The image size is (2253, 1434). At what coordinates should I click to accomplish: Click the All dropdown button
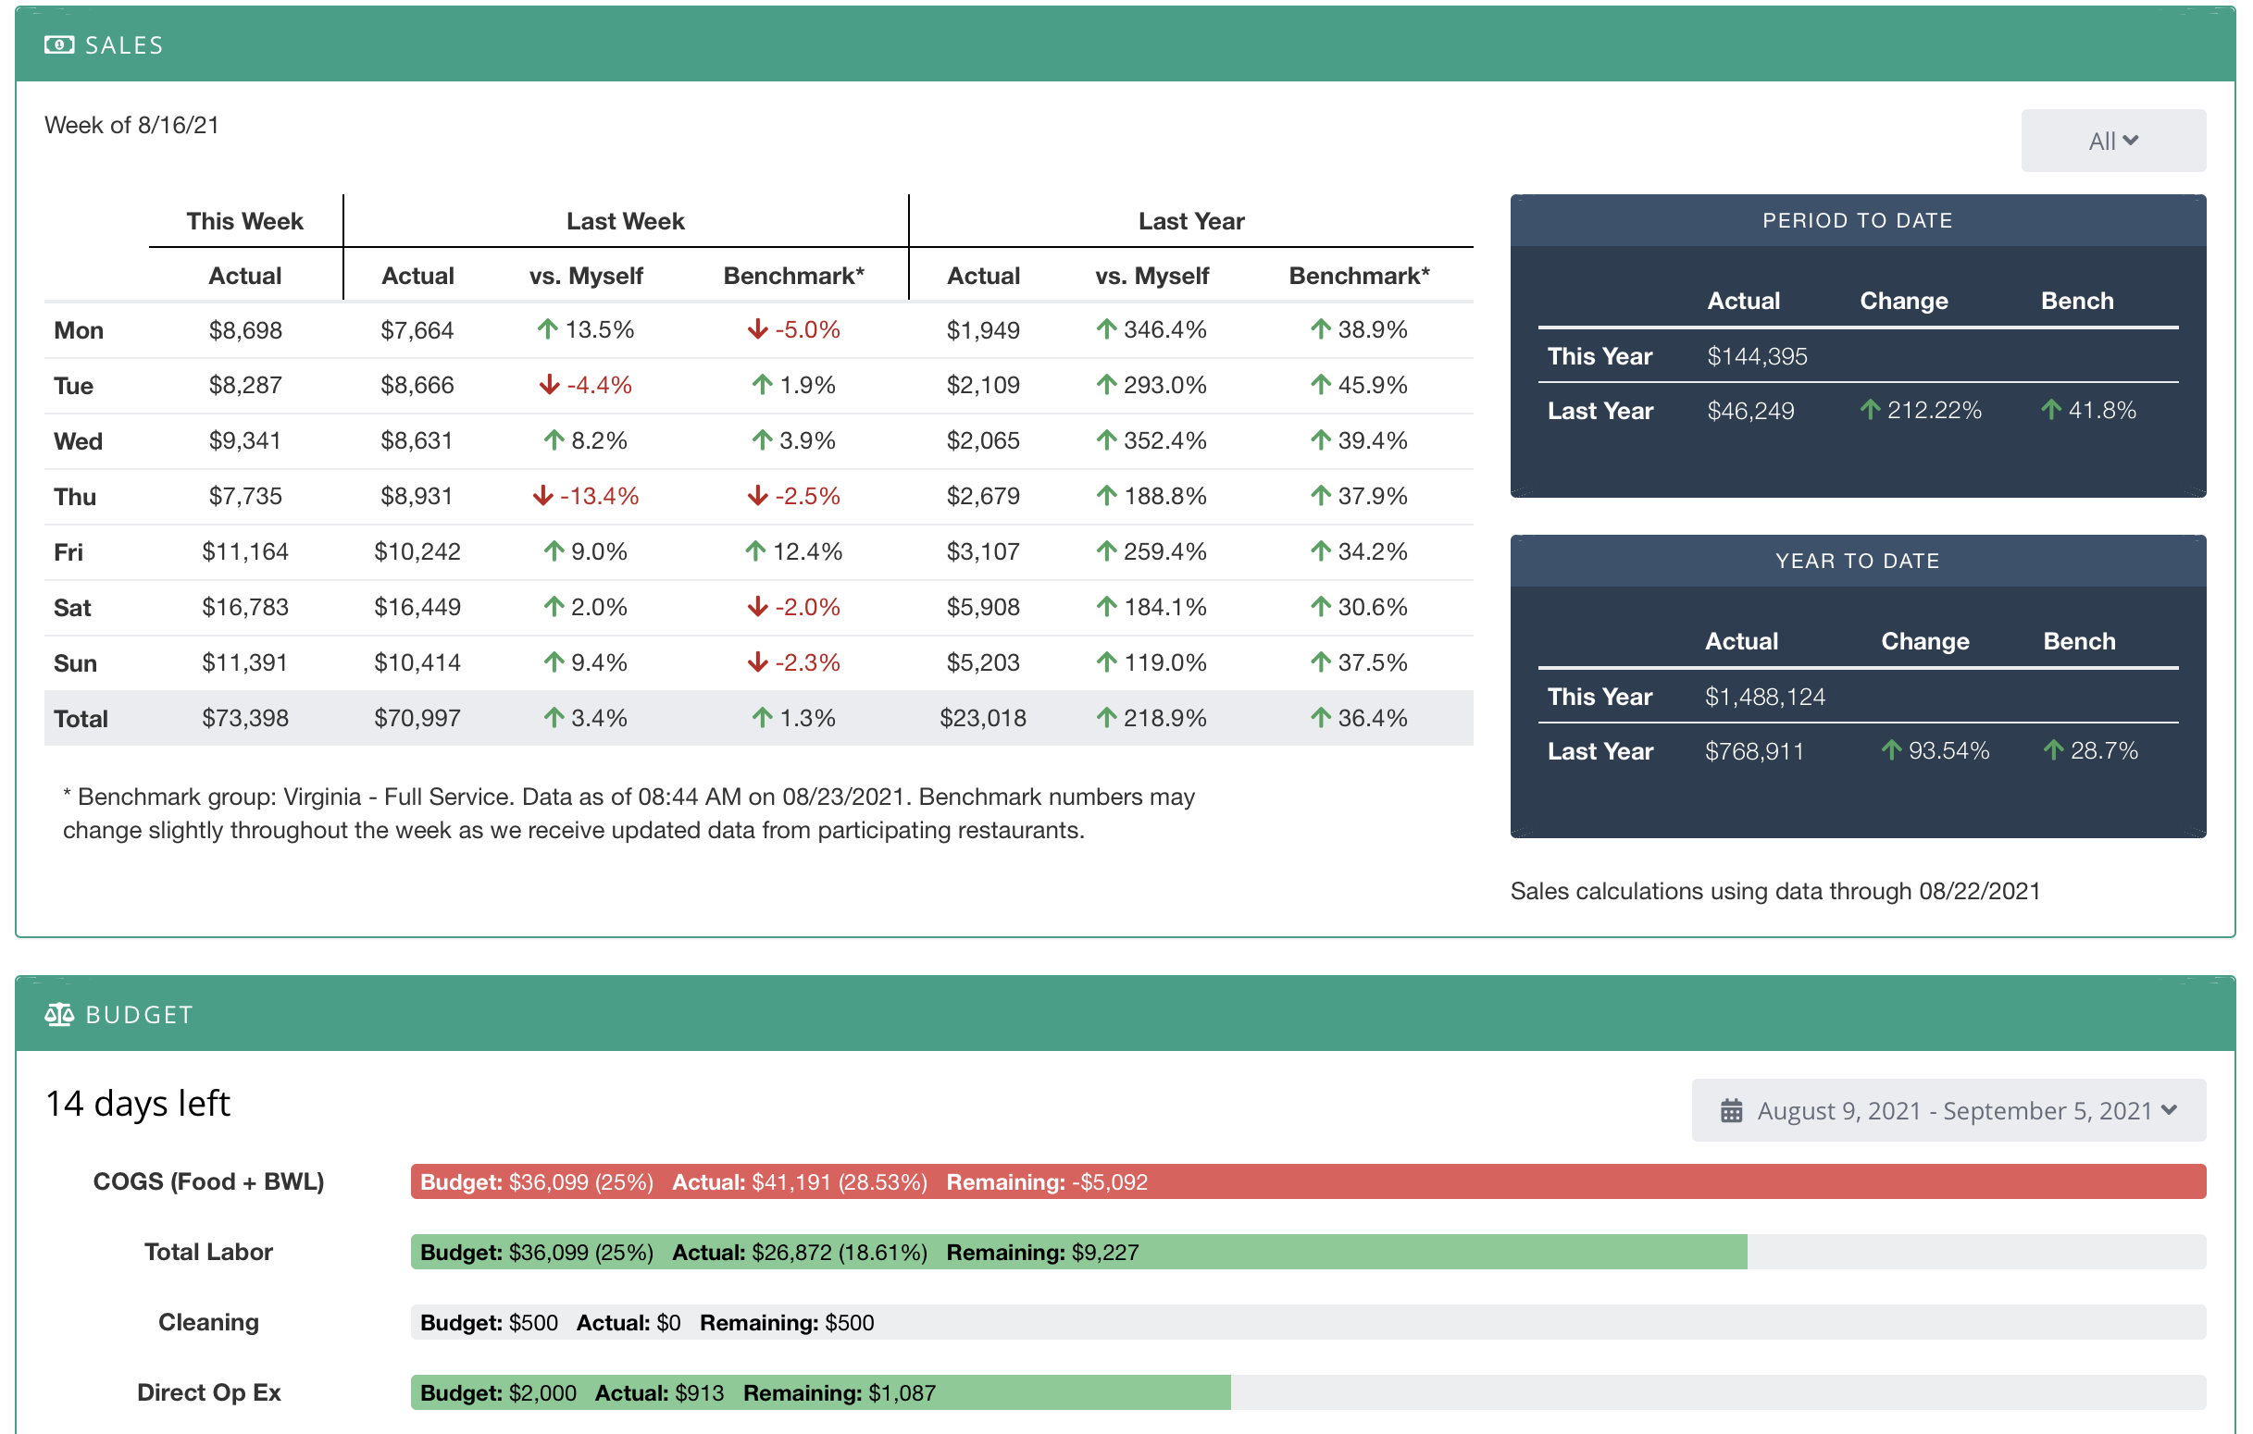pos(2111,141)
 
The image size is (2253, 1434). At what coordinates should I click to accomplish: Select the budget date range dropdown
pos(1947,1110)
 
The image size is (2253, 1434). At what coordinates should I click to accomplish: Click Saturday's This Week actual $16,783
pos(245,607)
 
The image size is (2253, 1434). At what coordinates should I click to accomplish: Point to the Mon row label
pos(79,330)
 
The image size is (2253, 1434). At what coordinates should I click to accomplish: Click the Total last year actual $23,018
pos(982,719)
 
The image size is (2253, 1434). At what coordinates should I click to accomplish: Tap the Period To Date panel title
pos(1856,221)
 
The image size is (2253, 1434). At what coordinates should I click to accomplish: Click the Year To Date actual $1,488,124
pos(1763,697)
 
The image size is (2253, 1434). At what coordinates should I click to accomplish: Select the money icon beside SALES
pos(59,45)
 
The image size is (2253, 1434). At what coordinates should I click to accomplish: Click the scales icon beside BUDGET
pos(59,1014)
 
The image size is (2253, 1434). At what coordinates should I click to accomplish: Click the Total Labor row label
pos(207,1252)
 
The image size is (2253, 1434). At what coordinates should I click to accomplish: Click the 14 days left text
pos(138,1104)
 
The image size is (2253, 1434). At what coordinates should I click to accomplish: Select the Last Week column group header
pos(625,221)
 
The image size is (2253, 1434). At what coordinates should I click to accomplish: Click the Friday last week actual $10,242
pos(417,552)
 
